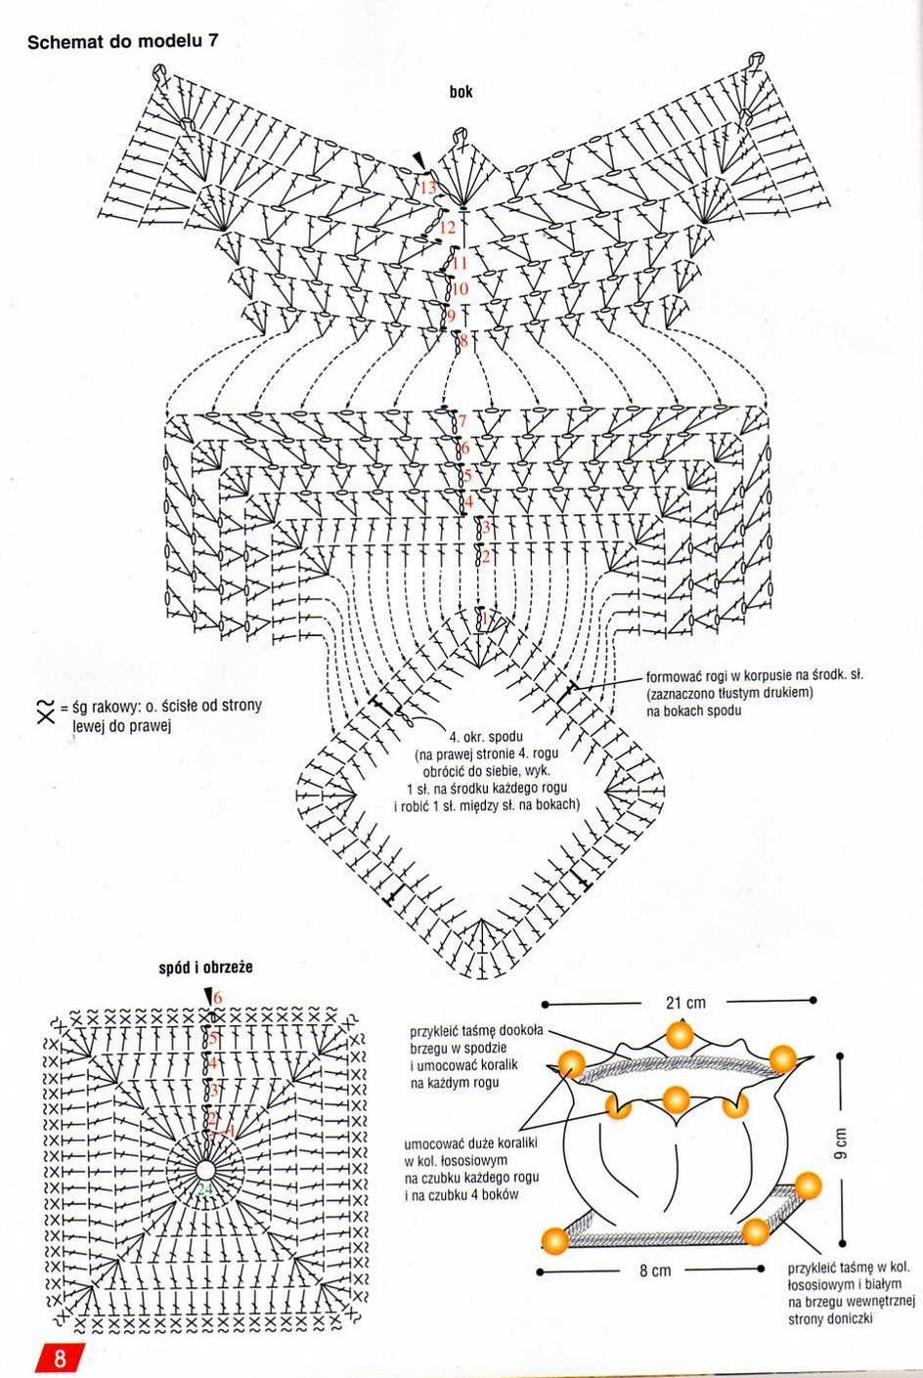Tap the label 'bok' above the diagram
pyautogui.click(x=461, y=92)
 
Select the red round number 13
pyautogui.click(x=428, y=187)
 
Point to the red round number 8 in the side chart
pyautogui.click(x=463, y=340)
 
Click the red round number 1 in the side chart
pyautogui.click(x=484, y=619)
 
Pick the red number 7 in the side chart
pyautogui.click(x=462, y=422)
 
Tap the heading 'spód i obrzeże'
pyautogui.click(x=205, y=968)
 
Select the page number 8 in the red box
pyautogui.click(x=60, y=1357)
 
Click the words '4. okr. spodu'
pyautogui.click(x=487, y=736)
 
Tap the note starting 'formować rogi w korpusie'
pyautogui.click(x=755, y=693)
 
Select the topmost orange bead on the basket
pyautogui.click(x=680, y=1034)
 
